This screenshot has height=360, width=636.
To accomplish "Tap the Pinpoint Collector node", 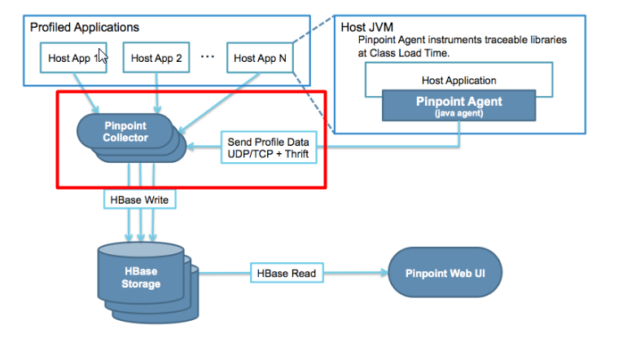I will [125, 132].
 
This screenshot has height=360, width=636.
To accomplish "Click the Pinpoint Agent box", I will [459, 106].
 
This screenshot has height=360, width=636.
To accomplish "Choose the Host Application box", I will [459, 81].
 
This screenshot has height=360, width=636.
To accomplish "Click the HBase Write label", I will [138, 198].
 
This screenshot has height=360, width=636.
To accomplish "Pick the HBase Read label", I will [285, 273].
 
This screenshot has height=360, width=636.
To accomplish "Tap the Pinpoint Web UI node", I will [445, 273].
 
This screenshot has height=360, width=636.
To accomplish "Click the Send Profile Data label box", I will [268, 147].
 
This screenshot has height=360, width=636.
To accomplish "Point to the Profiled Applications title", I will [85, 28].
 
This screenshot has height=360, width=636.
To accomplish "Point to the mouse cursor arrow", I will [103, 59].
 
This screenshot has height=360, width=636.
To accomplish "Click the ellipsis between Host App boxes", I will [207, 56].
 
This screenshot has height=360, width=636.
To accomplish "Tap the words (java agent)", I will [459, 113].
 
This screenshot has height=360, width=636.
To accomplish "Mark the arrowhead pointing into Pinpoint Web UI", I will [384, 274].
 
